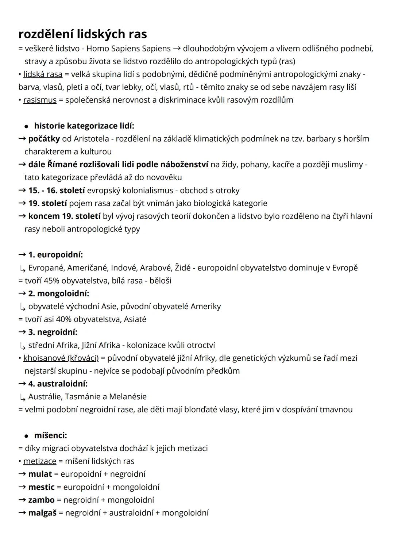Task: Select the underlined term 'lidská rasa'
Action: point(43,74)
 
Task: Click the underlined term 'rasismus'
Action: point(40,100)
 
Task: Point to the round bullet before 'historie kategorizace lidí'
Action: point(26,126)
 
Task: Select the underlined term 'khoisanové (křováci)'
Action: point(61,358)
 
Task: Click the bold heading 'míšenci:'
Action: point(50,435)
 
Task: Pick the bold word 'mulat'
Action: point(40,474)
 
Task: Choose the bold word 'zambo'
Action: point(41,500)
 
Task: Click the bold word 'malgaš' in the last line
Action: point(42,513)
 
